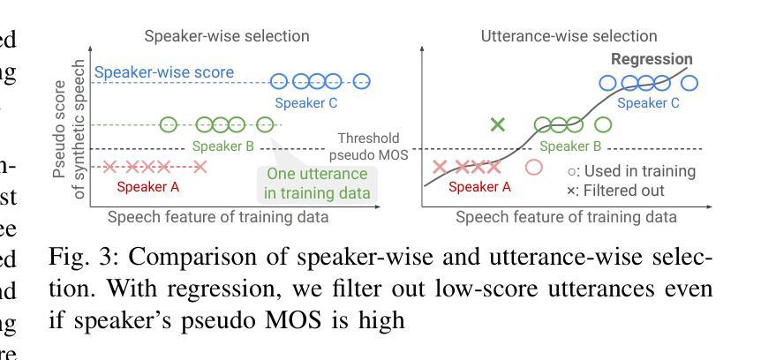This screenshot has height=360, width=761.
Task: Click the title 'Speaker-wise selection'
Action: point(227,36)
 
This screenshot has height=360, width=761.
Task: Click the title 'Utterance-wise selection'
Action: point(569,36)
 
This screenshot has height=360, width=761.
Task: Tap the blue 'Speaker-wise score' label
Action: point(164,72)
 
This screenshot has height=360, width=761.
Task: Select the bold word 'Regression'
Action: point(652,59)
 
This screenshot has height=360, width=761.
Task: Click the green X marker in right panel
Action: point(498,124)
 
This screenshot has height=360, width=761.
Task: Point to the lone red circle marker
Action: point(533,167)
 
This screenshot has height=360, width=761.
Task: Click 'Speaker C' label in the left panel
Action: point(306,103)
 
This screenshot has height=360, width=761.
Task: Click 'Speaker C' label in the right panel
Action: point(648,103)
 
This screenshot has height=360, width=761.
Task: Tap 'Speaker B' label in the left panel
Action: point(223,146)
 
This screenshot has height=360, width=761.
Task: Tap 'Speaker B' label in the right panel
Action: point(570,146)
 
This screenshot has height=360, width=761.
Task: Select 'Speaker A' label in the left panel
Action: point(147,186)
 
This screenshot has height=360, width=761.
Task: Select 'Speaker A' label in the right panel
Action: point(479,186)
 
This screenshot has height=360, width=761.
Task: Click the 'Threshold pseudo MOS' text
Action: point(369,146)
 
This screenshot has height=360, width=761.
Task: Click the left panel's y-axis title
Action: point(69,130)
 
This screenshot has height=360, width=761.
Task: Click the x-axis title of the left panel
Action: point(218,217)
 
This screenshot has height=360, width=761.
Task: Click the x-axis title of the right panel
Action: point(566,217)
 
